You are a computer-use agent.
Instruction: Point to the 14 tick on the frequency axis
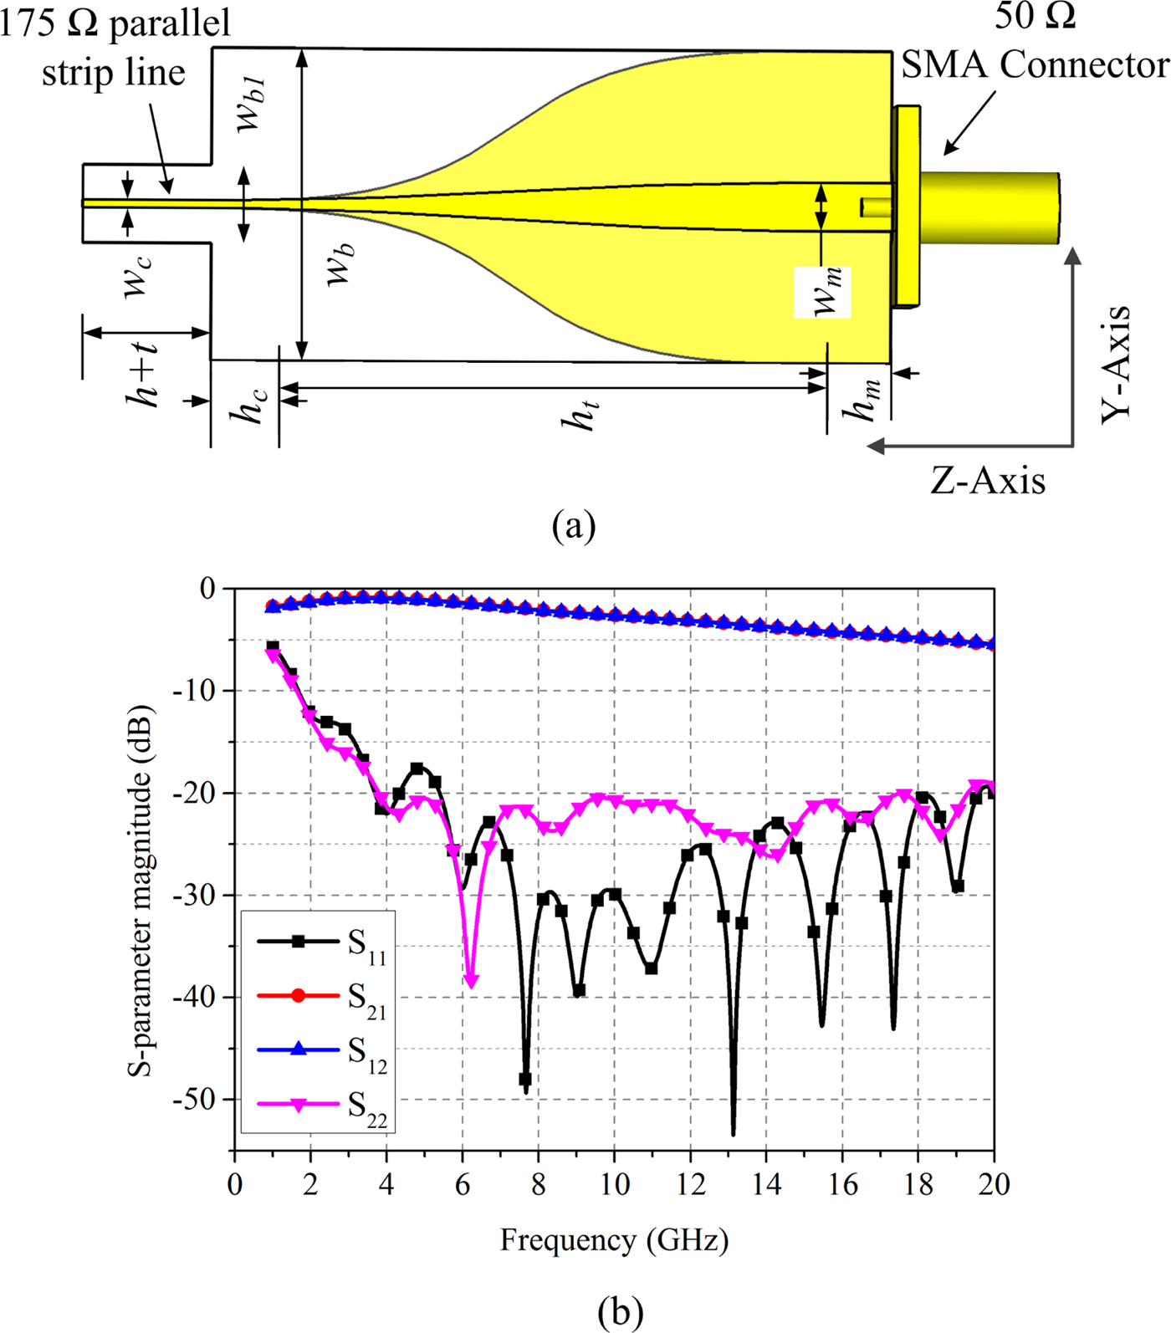point(766,1185)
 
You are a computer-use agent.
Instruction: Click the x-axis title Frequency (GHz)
point(614,1239)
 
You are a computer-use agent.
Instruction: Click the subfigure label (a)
point(574,526)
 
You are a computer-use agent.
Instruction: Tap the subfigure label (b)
point(620,1311)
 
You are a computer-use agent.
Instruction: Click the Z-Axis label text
point(988,482)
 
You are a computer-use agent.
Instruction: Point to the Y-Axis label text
point(1116,365)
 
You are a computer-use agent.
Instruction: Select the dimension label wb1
point(250,103)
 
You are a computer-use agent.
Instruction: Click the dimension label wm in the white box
point(824,292)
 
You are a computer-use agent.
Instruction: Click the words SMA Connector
point(1034,64)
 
